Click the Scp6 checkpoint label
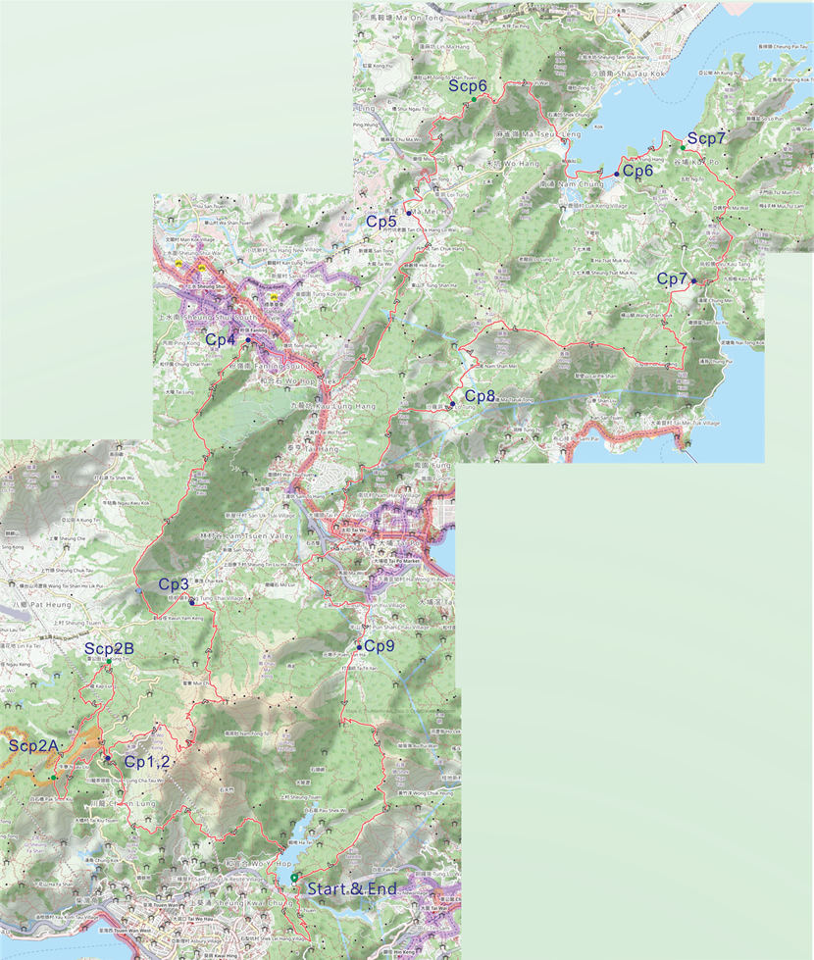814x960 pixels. click(x=469, y=86)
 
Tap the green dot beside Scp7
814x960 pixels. click(x=684, y=147)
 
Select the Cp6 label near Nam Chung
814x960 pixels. click(x=638, y=171)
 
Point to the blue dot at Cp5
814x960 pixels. click(x=408, y=213)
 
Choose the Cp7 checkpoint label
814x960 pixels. click(x=672, y=279)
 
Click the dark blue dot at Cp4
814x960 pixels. click(x=249, y=339)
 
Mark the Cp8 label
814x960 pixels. click(x=480, y=396)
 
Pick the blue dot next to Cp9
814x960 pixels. click(x=360, y=647)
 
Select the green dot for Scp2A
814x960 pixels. click(x=53, y=778)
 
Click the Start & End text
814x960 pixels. click(x=352, y=889)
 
